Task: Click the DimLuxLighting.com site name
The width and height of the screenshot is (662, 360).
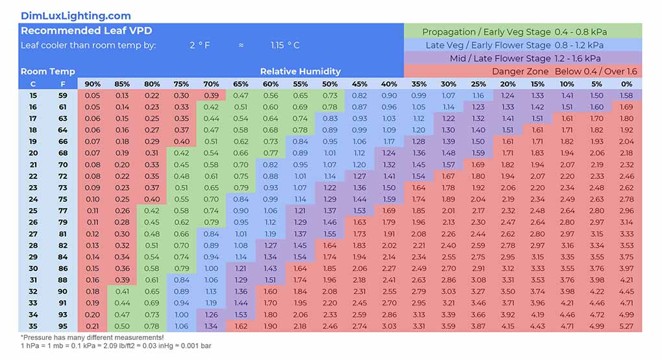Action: (x=75, y=16)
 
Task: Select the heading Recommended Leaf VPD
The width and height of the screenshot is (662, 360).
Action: (x=86, y=30)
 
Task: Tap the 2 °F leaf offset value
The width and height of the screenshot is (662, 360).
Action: (x=200, y=45)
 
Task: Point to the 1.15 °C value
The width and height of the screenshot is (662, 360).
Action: (x=285, y=45)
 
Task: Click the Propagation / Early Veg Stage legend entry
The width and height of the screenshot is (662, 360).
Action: (x=522, y=32)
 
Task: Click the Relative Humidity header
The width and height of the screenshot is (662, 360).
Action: (x=300, y=71)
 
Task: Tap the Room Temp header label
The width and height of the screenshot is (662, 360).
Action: (x=47, y=71)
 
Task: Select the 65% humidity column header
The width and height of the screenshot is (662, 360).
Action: (x=241, y=84)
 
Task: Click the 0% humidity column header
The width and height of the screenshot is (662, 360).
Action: (x=626, y=84)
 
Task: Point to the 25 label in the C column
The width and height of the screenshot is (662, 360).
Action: (x=33, y=210)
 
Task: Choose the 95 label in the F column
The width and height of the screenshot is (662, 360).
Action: (x=63, y=326)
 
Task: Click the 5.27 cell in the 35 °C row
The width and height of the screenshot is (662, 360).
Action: (x=626, y=326)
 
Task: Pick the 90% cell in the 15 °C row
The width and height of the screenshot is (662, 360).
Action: (x=93, y=95)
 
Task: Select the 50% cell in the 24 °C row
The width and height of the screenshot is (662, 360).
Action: (x=330, y=199)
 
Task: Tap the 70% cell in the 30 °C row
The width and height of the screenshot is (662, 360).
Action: (x=211, y=268)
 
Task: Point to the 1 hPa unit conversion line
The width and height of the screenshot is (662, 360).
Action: (x=116, y=346)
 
